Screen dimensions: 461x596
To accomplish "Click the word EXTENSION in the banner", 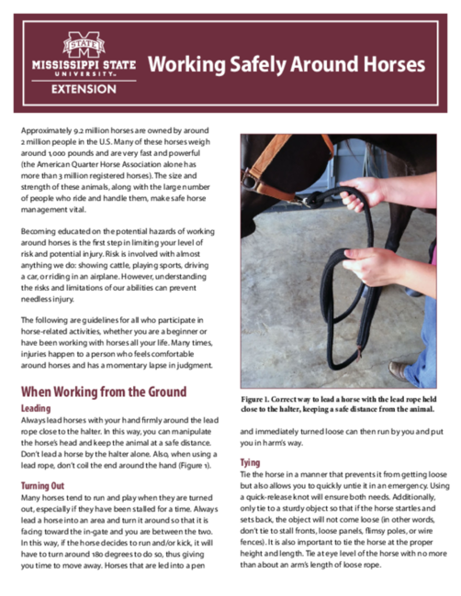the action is click(x=84, y=89).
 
